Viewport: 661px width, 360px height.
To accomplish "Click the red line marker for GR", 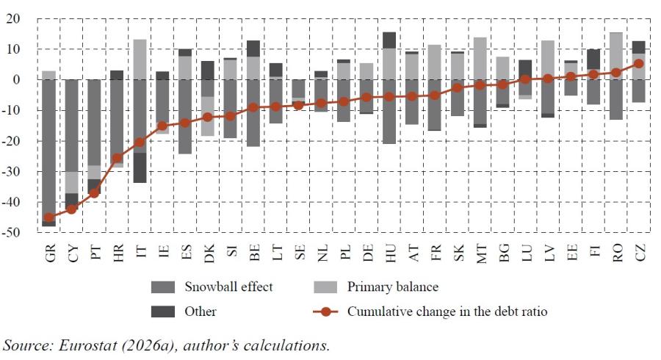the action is tap(49, 217).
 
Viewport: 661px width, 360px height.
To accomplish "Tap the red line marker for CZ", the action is tap(639, 64).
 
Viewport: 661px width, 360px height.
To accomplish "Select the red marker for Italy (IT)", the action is tap(140, 143).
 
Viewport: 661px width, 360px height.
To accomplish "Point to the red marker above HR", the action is tap(118, 158).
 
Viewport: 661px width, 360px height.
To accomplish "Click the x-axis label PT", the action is tap(95, 252).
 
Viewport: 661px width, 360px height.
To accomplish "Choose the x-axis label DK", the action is tap(209, 253).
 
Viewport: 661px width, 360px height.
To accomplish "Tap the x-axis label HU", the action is tap(390, 253).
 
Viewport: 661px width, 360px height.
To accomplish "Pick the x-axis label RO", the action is tap(617, 253).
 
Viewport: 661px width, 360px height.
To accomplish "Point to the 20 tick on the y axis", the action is tap(12, 18).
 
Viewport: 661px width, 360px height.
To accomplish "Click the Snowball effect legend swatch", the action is tap(163, 287).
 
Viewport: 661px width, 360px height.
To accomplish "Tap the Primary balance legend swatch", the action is tap(325, 287).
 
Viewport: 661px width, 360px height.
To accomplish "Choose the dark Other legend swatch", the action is tap(163, 312).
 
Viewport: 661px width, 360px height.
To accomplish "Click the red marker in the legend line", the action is tap(325, 312).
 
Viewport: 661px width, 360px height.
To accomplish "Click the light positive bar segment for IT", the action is tap(140, 60).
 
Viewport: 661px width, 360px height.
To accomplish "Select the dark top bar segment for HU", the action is tap(389, 40).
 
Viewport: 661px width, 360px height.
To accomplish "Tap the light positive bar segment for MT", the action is tap(480, 59).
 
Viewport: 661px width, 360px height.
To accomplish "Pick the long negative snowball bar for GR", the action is tap(49, 151).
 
